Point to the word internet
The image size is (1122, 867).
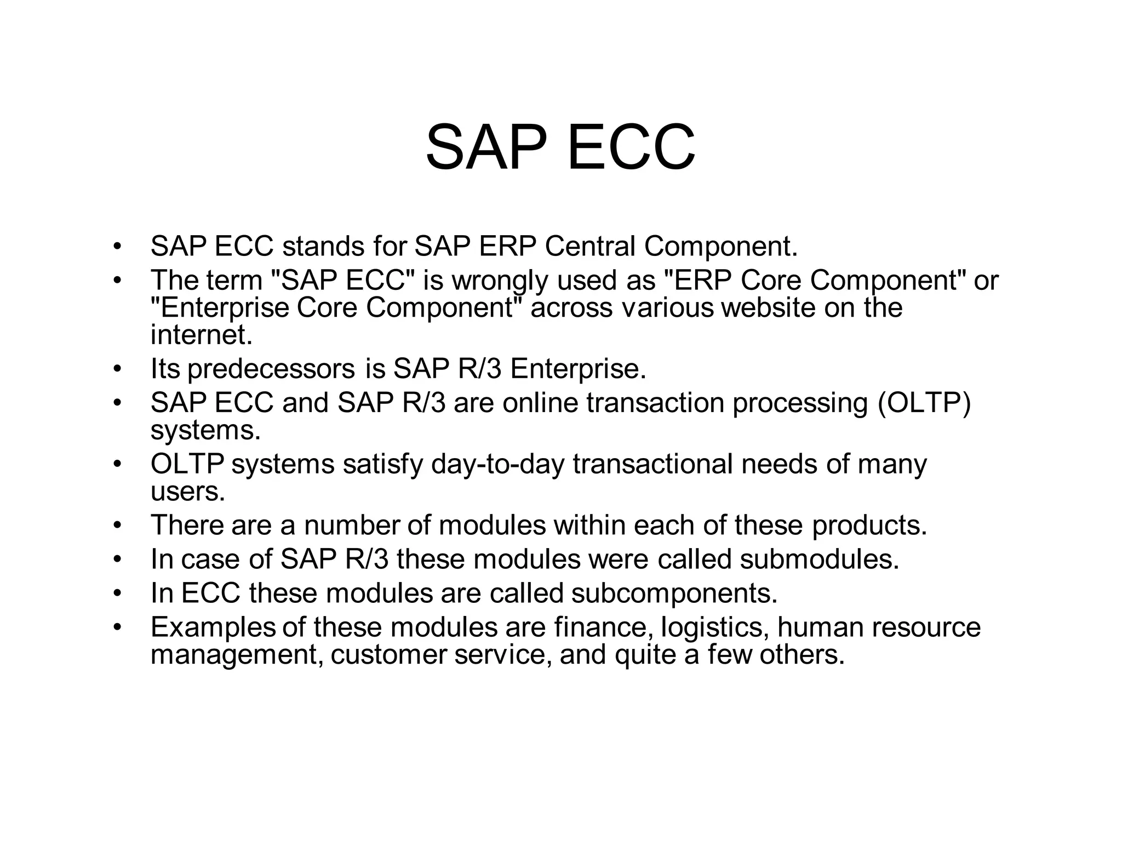point(201,334)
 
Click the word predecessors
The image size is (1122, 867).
point(271,369)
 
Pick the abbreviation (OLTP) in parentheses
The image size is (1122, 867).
point(924,403)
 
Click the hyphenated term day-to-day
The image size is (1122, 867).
point(497,464)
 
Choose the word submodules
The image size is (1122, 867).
point(819,559)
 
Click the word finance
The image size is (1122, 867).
point(603,627)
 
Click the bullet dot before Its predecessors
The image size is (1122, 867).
point(116,369)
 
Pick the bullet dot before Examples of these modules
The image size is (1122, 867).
point(116,628)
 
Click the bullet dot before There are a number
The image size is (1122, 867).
point(116,526)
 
